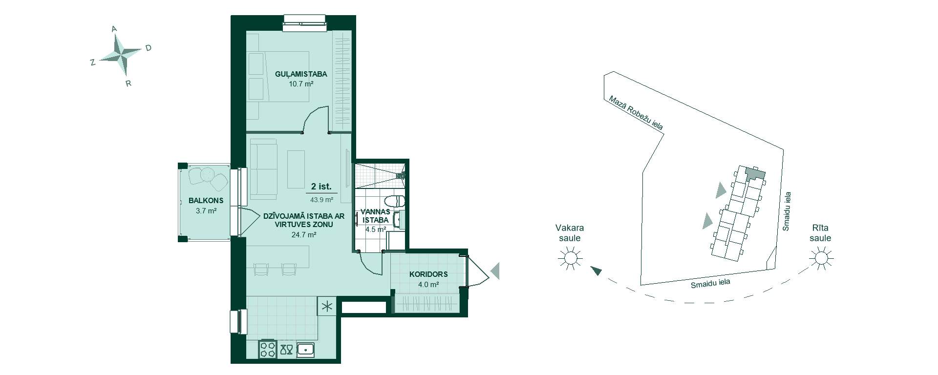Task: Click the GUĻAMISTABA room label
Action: pos(301,74)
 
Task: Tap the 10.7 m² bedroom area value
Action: pos(301,84)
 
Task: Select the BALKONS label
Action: pos(206,200)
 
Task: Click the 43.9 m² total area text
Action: pos(321,199)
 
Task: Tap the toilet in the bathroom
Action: pos(395,201)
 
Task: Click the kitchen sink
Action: pos(306,349)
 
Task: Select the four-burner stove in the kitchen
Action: pos(268,349)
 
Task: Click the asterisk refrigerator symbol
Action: pos(326,307)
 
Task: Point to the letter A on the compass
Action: pos(114,29)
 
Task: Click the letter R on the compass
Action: pos(128,83)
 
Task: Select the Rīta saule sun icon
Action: pos(821,257)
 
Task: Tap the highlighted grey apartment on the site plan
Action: pos(754,173)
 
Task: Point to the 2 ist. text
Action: pos(321,187)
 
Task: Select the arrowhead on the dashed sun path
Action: pos(596,271)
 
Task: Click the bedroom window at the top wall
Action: pos(304,20)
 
